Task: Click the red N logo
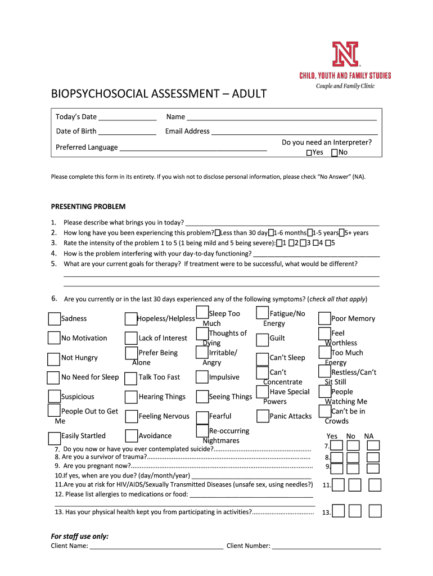(x=345, y=55)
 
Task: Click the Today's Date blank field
(x=127, y=118)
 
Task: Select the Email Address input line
(x=294, y=132)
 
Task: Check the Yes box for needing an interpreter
(x=309, y=152)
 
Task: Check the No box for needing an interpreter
(x=335, y=152)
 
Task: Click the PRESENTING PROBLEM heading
(x=88, y=206)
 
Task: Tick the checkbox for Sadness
(x=54, y=319)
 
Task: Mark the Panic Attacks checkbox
(x=263, y=416)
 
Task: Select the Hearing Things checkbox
(x=132, y=397)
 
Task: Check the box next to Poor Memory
(x=324, y=319)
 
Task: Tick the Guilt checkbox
(x=263, y=339)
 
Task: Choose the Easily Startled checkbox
(x=54, y=438)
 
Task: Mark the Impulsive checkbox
(x=202, y=377)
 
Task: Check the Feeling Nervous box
(x=132, y=417)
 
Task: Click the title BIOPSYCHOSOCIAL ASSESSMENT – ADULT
(x=159, y=93)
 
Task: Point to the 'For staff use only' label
(x=80, y=536)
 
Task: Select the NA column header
(x=369, y=436)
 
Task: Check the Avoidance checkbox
(x=132, y=436)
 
